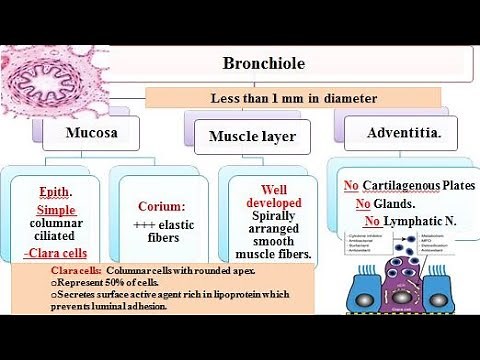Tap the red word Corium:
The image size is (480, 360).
pos(162,205)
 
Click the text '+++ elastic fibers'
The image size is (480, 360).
pos(162,228)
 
